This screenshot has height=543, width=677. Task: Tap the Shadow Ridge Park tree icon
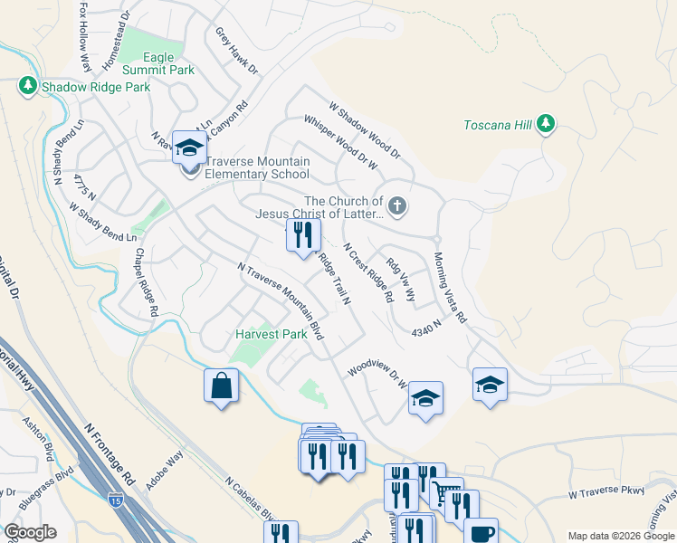pos(27,87)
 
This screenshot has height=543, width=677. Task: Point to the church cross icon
pos(397,207)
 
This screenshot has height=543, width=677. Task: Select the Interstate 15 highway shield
pos(116,499)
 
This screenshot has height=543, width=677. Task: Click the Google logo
pos(30,532)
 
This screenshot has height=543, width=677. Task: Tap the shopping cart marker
pos(445,493)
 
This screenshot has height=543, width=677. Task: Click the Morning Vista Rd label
pos(449,288)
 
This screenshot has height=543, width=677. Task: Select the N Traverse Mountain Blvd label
pos(281,301)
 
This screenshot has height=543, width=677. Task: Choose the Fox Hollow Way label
pos(85,36)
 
